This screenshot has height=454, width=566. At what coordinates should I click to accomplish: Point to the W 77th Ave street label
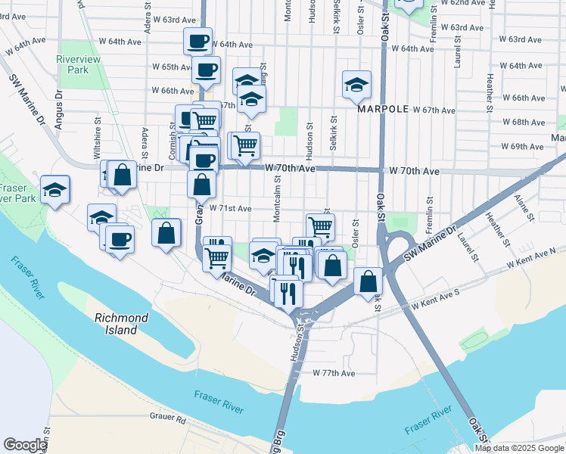click(x=334, y=373)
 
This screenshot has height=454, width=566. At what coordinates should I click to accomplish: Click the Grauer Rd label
click(x=168, y=418)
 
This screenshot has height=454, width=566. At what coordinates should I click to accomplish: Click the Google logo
click(x=25, y=445)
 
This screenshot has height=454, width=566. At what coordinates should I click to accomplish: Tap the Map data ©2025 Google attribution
click(x=520, y=448)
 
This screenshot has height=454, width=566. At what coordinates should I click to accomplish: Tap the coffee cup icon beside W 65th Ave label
click(x=206, y=70)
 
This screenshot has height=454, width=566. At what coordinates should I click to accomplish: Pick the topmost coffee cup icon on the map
click(x=198, y=41)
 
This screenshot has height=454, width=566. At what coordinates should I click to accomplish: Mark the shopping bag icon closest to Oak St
click(x=368, y=281)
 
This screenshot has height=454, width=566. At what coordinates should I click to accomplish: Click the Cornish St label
click(x=173, y=135)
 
